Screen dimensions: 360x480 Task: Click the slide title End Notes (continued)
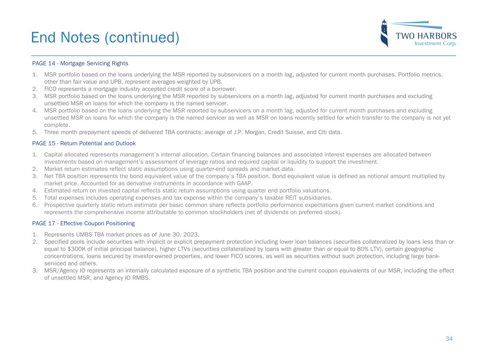(105, 38)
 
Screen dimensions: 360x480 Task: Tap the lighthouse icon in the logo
(384, 34)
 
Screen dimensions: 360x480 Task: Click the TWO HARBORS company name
(426, 36)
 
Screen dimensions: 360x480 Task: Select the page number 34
(449, 339)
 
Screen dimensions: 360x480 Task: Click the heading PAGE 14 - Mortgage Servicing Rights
(80, 64)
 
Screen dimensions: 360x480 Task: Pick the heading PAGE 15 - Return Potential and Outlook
(84, 143)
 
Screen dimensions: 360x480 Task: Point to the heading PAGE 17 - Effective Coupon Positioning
(83, 223)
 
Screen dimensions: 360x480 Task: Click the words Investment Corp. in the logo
(435, 44)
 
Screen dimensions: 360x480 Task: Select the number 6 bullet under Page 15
(34, 205)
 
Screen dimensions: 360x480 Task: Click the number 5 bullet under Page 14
(34, 132)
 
